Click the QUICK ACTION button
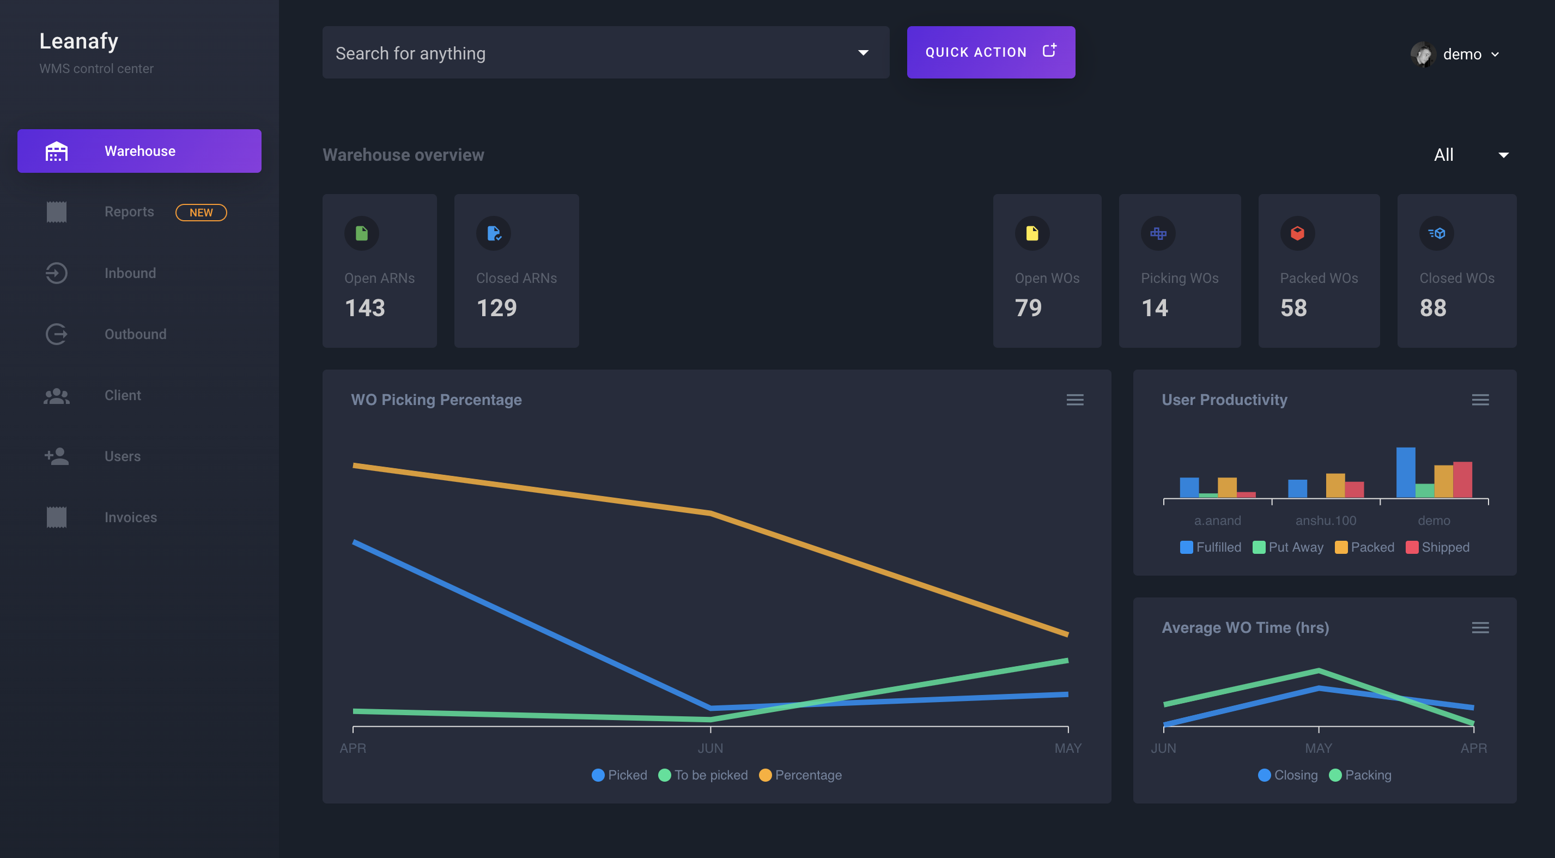tap(990, 52)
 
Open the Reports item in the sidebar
tap(129, 212)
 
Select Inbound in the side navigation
tap(130, 273)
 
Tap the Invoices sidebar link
tap(130, 517)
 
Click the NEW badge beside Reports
tap(201, 213)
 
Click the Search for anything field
tap(592, 53)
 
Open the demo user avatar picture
tap(1423, 55)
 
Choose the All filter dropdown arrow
tap(1504, 155)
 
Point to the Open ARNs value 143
tap(365, 308)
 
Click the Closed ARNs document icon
tap(494, 233)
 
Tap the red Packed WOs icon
tap(1297, 233)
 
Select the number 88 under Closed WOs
tap(1433, 308)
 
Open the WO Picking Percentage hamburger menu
tap(1074, 400)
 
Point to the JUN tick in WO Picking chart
tap(710, 747)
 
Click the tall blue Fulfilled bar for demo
tap(1405, 472)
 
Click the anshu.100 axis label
tap(1326, 521)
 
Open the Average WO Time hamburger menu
tap(1480, 628)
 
